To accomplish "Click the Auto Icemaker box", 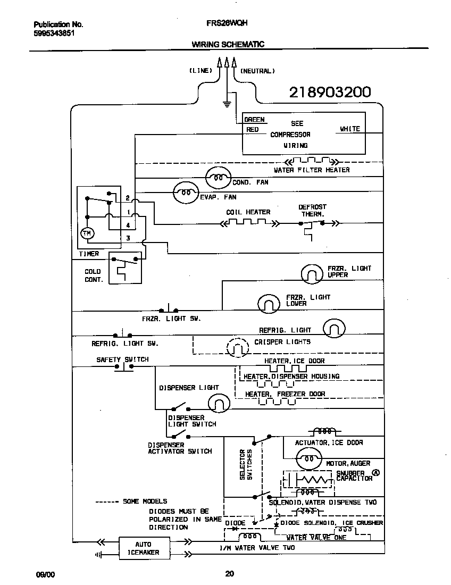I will pos(143,548).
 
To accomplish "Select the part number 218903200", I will pos(330,93).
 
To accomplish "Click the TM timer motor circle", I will pos(86,233).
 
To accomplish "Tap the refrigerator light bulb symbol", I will pos(334,328).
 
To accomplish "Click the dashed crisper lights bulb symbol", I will pos(237,348).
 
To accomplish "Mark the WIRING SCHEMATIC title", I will pos(228,45).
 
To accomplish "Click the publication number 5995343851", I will pos(54,32).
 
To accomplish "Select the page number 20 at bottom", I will pos(229,573).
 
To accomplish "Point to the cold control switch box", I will pos(126,269).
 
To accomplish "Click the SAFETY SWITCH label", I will pos(122,360).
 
